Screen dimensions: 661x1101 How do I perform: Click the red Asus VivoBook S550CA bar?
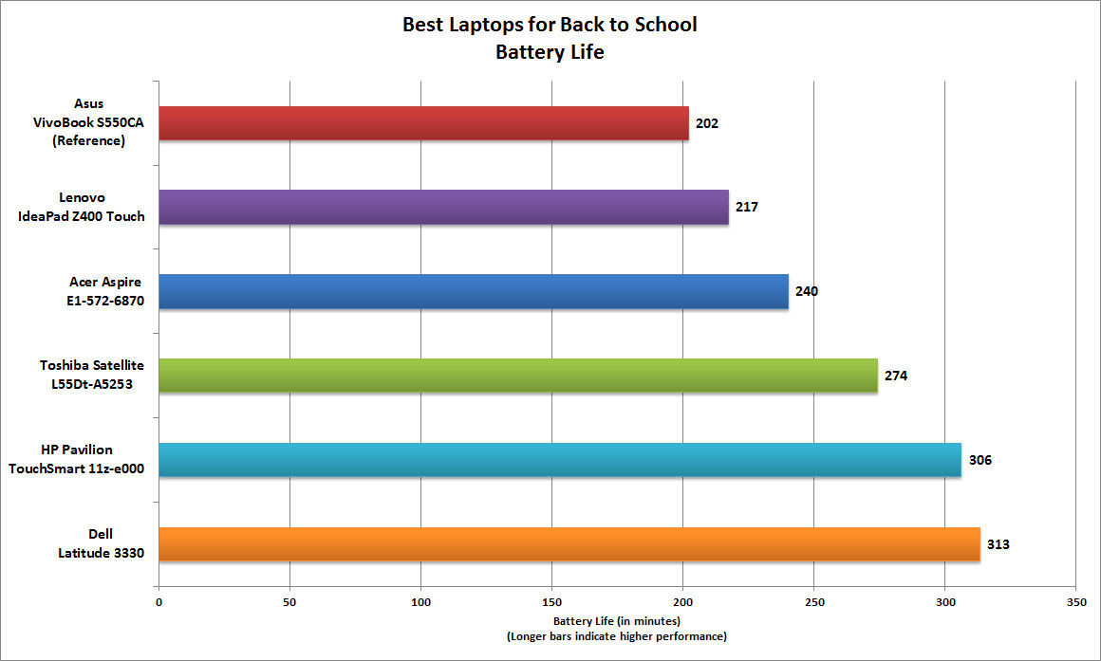[423, 123]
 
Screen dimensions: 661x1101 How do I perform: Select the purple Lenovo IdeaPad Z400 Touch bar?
[443, 207]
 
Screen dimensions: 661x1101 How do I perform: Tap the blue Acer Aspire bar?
[474, 291]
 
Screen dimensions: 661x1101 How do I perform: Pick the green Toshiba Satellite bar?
[518, 376]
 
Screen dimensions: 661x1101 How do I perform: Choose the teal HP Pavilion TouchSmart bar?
[560, 460]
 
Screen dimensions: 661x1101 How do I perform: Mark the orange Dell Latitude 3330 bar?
[569, 543]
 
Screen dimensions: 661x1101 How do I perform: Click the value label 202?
[706, 123]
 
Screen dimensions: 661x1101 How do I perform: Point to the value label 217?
[746, 207]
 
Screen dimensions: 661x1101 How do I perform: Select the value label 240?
[806, 291]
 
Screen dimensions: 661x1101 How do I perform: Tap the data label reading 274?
[896, 376]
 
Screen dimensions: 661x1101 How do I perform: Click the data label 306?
[980, 460]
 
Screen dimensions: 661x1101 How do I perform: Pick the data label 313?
[998, 544]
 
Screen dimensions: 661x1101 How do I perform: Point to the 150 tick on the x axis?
[552, 602]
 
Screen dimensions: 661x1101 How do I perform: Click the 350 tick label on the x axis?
[1075, 602]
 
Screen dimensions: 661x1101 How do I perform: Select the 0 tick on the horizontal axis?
[159, 602]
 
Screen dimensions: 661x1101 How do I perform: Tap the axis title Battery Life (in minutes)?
[617, 621]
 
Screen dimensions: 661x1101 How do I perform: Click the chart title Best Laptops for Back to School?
[550, 25]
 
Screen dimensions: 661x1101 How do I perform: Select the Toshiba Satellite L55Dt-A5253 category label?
[92, 376]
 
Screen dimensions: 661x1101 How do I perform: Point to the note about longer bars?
[617, 635]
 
